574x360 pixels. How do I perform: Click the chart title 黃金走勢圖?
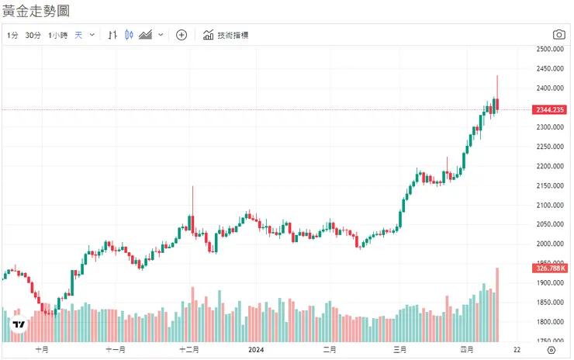[x=36, y=11]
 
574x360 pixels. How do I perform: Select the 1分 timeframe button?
[x=13, y=35]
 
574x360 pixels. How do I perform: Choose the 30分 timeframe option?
[x=33, y=35]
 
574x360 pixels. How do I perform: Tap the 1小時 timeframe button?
[x=57, y=35]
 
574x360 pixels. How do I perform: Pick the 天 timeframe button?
[x=78, y=35]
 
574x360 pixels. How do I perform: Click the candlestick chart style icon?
[x=129, y=35]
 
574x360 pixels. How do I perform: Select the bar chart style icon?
[x=112, y=35]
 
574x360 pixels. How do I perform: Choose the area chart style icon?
[x=145, y=35]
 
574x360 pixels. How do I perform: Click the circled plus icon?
[x=182, y=35]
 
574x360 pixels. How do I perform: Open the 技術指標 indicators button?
[x=226, y=35]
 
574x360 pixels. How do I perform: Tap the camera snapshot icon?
[x=558, y=35]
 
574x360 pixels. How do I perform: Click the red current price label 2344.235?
[x=550, y=110]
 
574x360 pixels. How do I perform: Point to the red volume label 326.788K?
[x=550, y=268]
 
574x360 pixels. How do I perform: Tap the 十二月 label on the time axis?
[x=188, y=350]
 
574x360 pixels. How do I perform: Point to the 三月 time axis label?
[x=400, y=350]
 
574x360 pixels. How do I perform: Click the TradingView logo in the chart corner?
[x=19, y=324]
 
